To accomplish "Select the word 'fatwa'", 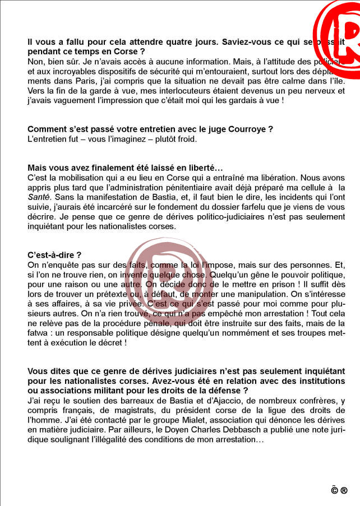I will click(x=39, y=332).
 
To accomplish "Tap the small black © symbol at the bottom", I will click(x=334, y=490).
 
